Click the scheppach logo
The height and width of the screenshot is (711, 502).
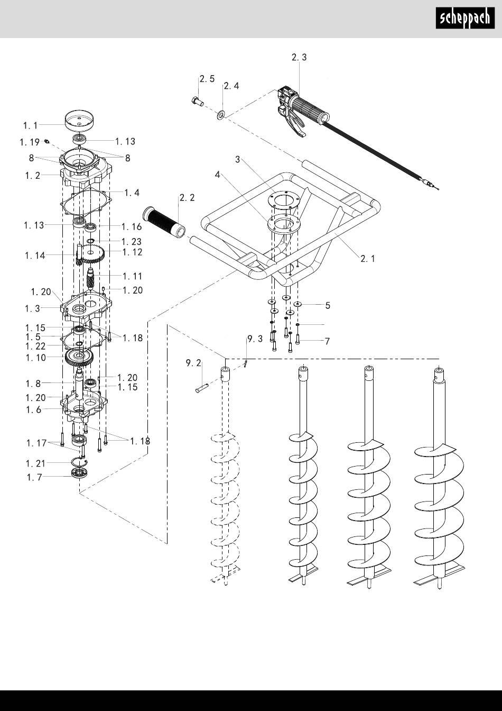[x=465, y=18]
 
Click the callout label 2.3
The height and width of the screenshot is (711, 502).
[x=299, y=58]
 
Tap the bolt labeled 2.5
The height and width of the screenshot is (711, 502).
[x=197, y=101]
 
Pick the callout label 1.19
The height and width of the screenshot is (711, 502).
[x=30, y=142]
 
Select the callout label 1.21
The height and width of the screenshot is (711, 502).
[x=35, y=463]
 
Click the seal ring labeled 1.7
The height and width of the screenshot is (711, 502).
[x=79, y=473]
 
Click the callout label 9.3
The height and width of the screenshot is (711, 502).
[x=255, y=339]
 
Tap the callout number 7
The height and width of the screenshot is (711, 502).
[x=327, y=341]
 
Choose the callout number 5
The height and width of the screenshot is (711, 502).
[x=328, y=305]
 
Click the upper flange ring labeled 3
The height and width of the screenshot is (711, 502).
[x=284, y=199]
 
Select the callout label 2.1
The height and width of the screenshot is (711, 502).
[x=368, y=259]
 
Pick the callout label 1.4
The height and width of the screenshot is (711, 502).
[x=132, y=193]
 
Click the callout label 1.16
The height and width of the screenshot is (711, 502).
[x=132, y=226]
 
